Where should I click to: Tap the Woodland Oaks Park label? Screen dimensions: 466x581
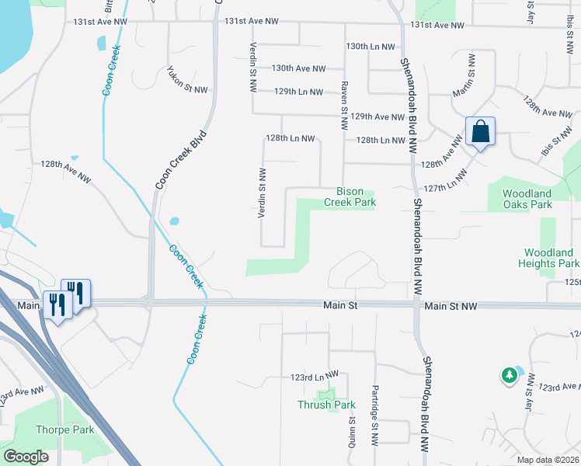tap(527, 199)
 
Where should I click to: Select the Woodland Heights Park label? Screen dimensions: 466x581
tap(548, 258)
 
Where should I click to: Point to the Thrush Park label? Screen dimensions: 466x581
tap(326, 405)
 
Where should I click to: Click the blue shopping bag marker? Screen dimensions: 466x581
tap(481, 133)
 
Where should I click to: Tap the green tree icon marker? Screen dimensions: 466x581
tap(509, 376)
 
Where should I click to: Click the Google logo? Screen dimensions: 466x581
tap(26, 457)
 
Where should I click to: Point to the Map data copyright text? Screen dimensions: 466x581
tap(548, 460)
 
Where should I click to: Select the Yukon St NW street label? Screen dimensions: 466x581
tap(187, 79)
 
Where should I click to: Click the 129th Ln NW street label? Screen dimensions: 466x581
tap(298, 92)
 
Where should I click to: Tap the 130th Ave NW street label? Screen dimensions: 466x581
tap(298, 68)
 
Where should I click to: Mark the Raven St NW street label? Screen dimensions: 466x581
tap(343, 106)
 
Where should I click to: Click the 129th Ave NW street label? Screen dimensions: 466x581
tap(377, 116)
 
